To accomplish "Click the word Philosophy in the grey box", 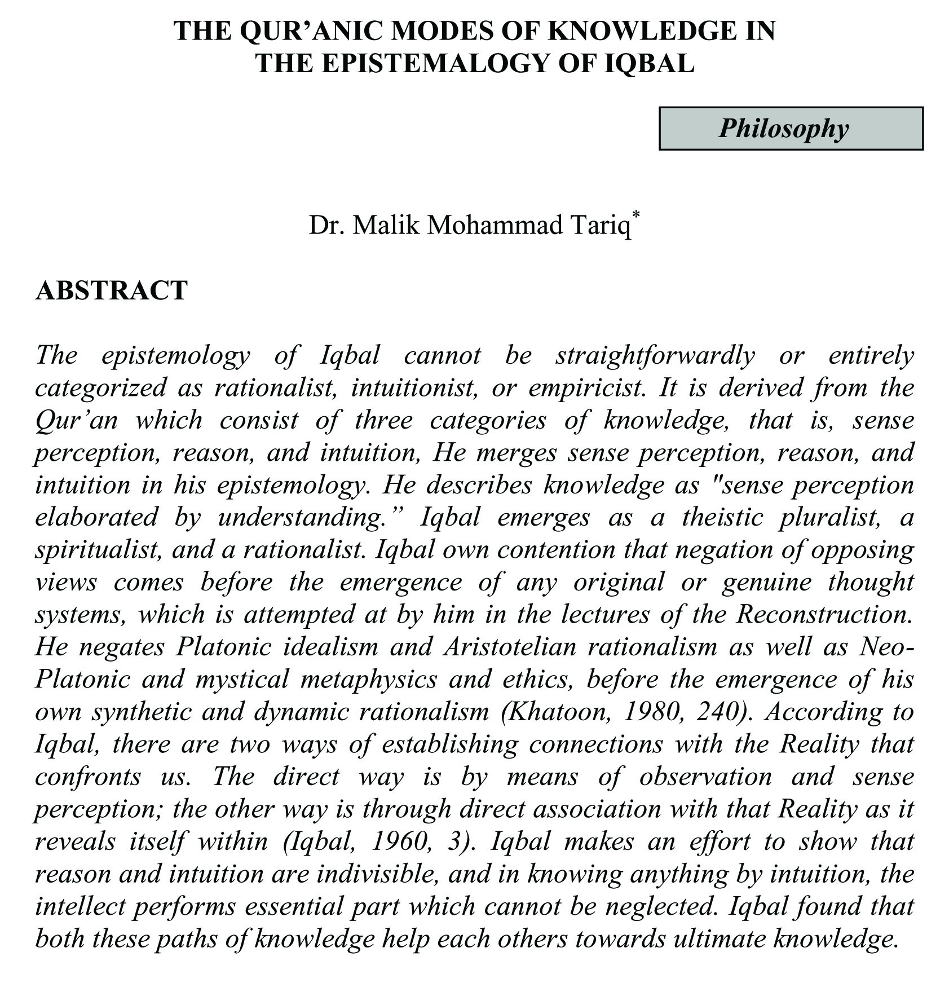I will [783, 129].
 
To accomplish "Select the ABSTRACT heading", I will [111, 290].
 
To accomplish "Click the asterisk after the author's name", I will [637, 215].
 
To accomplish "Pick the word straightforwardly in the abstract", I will [655, 355].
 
